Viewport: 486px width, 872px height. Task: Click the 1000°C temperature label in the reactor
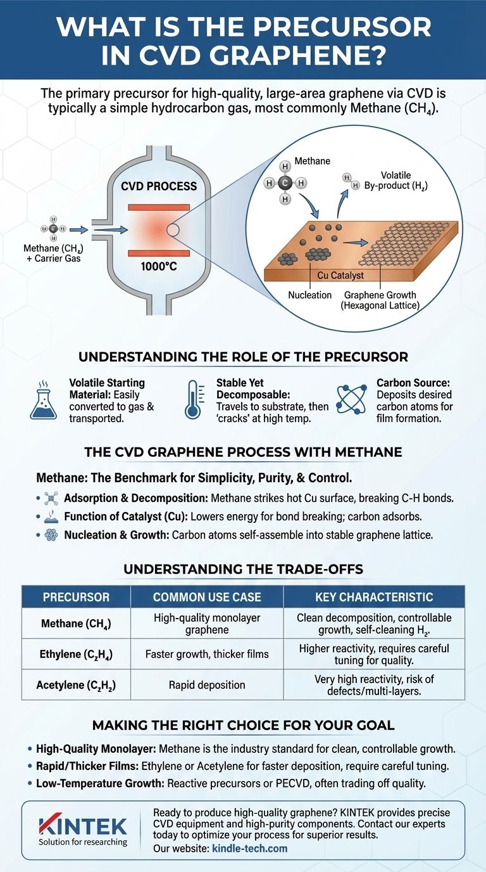click(x=158, y=267)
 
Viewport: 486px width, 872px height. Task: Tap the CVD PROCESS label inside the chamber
click(x=159, y=186)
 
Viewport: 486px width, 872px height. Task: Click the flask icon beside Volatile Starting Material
click(x=44, y=401)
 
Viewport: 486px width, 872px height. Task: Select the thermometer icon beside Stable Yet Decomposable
click(x=194, y=401)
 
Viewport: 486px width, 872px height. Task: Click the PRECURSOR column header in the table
click(x=76, y=597)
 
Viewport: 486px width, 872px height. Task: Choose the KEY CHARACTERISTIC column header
click(x=374, y=597)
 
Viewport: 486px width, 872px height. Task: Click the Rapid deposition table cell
click(x=207, y=684)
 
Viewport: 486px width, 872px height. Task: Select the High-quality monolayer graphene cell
click(x=207, y=624)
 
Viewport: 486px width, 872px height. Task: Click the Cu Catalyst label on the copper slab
click(x=341, y=276)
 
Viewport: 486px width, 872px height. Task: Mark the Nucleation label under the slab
click(x=309, y=295)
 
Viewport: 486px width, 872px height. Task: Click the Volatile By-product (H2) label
click(x=396, y=180)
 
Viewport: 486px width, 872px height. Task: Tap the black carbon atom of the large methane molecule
click(x=285, y=183)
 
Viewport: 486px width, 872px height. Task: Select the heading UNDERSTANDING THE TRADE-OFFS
click(x=243, y=569)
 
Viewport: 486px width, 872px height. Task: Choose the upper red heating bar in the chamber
click(x=158, y=207)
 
